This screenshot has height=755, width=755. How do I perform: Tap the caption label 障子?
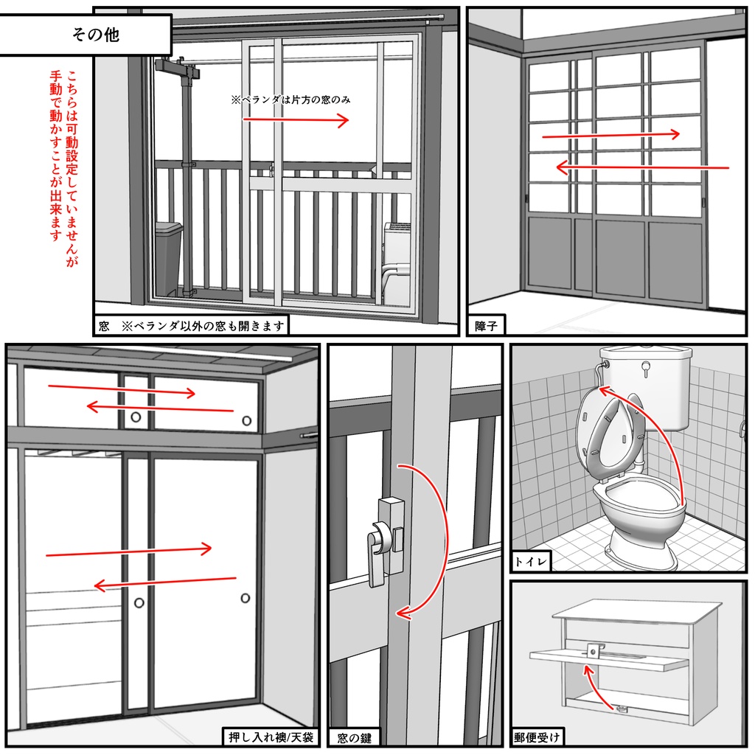487,325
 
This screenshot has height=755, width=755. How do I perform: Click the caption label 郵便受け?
538,737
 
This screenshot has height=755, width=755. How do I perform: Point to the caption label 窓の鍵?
355,737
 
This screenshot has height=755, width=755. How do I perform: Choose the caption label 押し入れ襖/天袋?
271,737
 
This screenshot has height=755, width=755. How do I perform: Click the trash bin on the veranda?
168,258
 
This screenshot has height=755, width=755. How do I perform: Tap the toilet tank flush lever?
647,366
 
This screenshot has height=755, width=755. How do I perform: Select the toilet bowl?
638,509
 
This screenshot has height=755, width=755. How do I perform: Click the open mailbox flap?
608,658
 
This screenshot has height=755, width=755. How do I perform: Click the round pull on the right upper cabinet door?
246,421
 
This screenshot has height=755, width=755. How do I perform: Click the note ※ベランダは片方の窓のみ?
290,99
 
